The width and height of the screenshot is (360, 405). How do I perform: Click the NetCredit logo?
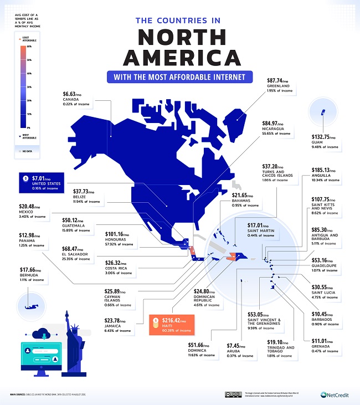point(335,394)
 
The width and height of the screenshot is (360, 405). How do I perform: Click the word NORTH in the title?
point(179,37)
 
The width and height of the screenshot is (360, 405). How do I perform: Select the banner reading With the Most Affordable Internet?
point(180,76)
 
